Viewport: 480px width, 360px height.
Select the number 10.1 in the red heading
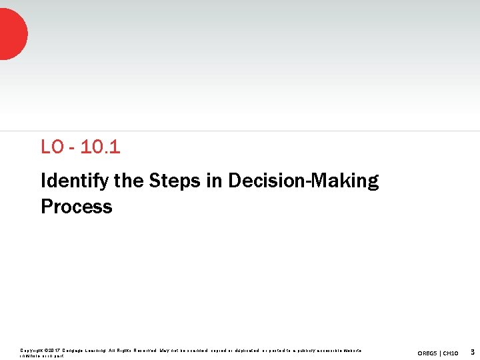pyautogui.click(x=100, y=147)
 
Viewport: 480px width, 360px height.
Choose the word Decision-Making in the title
pyautogui.click(x=303, y=181)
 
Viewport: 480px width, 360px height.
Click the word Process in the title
pyautogui.click(x=77, y=207)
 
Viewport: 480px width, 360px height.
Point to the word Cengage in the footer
pyautogui.click(x=73, y=350)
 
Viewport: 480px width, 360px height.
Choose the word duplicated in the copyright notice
pyautogui.click(x=244, y=350)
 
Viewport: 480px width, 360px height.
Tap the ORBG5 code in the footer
pyautogui.click(x=428, y=353)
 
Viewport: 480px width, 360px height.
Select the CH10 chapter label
pyautogui.click(x=451, y=353)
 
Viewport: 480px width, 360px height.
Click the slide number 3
pyautogui.click(x=472, y=351)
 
